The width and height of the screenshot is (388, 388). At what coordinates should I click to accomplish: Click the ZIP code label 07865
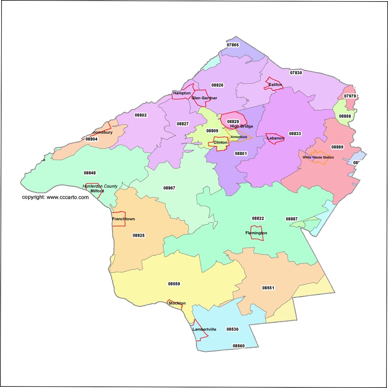[233, 45]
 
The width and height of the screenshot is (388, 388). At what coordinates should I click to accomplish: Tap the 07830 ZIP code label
[296, 73]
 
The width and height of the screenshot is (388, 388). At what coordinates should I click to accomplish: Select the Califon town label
[275, 85]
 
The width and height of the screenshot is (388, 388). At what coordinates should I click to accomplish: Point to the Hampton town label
[182, 93]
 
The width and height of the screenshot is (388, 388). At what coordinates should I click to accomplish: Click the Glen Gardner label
[204, 98]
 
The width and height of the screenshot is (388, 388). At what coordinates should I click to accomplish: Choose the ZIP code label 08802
[141, 115]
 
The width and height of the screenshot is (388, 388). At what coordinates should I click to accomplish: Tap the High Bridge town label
[242, 126]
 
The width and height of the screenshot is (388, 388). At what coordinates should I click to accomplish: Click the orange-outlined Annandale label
[239, 137]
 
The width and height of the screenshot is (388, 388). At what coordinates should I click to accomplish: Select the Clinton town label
[220, 143]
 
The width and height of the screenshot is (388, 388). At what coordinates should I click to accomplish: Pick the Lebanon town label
[276, 138]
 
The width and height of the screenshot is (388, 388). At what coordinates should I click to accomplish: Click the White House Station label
[318, 158]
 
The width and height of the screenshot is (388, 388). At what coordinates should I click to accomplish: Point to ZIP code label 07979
[350, 96]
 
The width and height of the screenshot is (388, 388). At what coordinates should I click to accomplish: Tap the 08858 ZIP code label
[345, 116]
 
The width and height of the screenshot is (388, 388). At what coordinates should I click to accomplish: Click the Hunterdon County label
[100, 186]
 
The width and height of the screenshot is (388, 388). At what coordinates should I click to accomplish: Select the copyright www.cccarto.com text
[55, 197]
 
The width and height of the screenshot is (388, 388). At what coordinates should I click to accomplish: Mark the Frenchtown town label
[123, 219]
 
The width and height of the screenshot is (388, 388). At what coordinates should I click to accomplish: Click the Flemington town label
[256, 233]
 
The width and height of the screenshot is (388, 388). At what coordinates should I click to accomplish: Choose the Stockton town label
[177, 303]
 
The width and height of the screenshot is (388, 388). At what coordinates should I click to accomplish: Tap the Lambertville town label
[204, 329]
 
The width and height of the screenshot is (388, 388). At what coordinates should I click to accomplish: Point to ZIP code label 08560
[238, 346]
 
